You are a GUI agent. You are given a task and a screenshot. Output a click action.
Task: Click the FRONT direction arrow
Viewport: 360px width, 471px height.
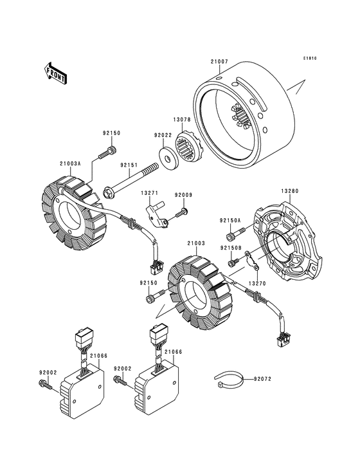pos(55,73)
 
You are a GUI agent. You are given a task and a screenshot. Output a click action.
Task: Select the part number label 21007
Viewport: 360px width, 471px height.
pos(219,62)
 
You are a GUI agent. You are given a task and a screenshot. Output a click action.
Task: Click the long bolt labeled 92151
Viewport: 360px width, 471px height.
pos(130,181)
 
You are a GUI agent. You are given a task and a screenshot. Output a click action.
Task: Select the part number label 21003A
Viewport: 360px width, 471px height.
pos(70,163)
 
